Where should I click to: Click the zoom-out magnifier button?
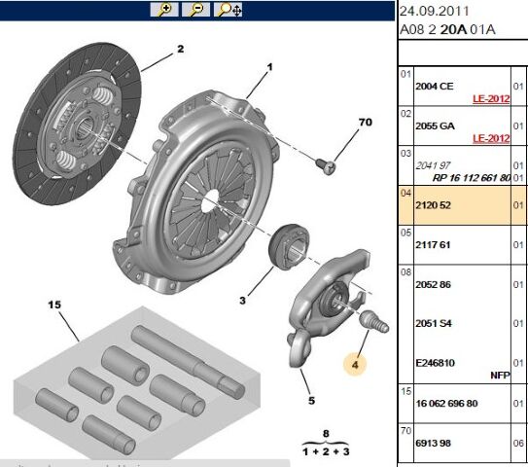(195, 10)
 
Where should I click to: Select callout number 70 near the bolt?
(366, 123)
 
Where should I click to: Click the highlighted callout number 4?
(355, 366)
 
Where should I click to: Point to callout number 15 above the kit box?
(55, 305)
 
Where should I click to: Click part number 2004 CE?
(435, 86)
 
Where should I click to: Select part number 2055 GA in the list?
(435, 126)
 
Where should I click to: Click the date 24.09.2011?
(435, 11)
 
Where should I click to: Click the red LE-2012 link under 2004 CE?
(491, 99)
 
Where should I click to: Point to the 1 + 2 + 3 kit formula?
(326, 451)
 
